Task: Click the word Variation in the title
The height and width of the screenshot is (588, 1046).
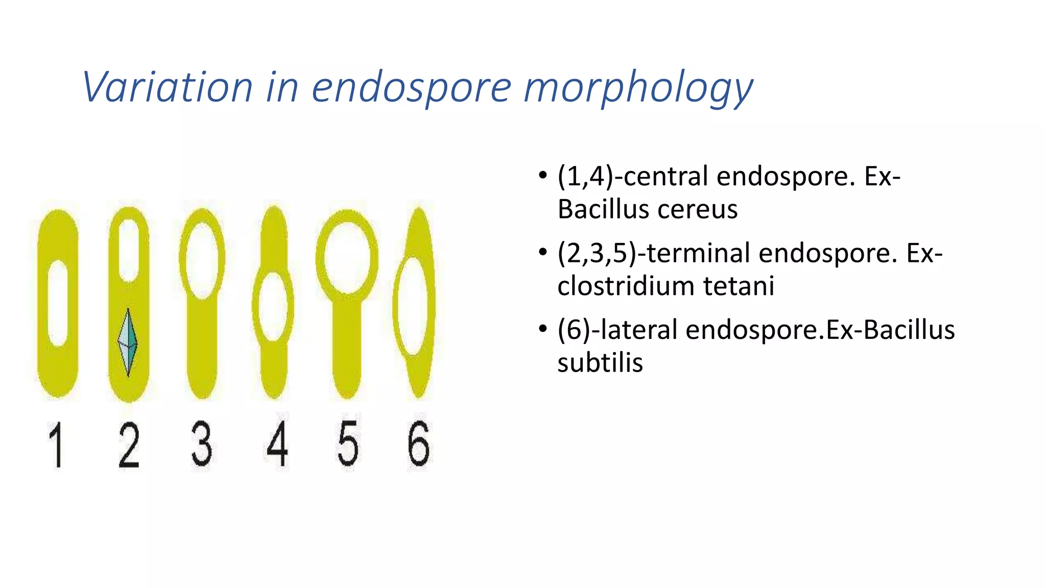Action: (168, 87)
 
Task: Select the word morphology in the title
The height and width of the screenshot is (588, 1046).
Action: (638, 88)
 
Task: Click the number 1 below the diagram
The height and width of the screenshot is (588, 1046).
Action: (56, 445)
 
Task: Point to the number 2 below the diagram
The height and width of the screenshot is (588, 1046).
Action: (129, 445)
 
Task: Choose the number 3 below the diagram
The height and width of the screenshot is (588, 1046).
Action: (202, 444)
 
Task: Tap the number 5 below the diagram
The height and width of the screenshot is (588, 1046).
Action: (348, 445)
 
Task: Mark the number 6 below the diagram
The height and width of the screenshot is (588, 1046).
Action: (419, 444)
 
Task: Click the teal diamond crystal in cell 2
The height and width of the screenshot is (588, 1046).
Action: (128, 341)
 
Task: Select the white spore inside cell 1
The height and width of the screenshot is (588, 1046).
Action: (58, 302)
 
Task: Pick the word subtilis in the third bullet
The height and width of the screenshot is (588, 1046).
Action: (600, 363)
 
